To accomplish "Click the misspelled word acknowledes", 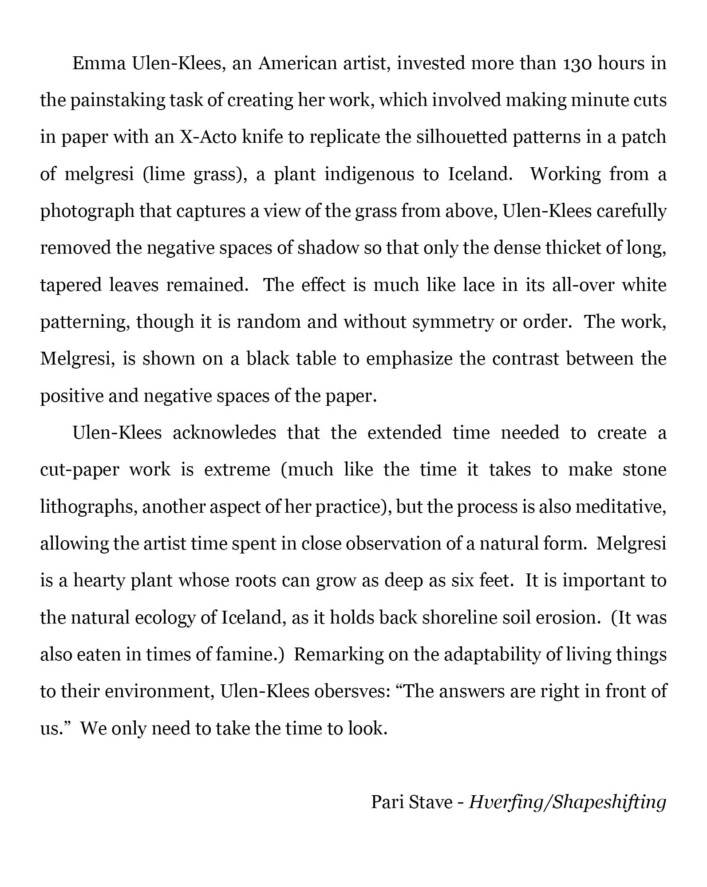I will tap(224, 432).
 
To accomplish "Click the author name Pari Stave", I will tap(411, 801).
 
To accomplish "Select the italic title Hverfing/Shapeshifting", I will tap(568, 802).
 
